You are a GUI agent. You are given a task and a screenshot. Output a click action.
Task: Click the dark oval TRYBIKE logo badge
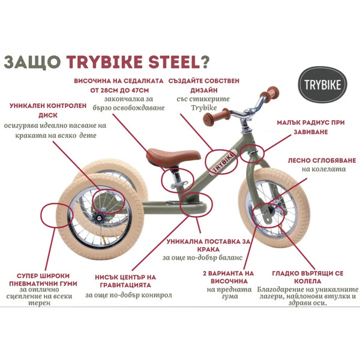click(x=323, y=85)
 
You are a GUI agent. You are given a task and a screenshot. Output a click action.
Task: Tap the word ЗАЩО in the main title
click(x=32, y=62)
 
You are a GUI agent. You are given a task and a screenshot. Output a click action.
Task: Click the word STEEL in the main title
click(x=174, y=62)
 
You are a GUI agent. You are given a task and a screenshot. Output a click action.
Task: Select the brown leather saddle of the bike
click(x=173, y=157)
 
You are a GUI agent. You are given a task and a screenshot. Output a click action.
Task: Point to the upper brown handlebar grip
click(x=269, y=92)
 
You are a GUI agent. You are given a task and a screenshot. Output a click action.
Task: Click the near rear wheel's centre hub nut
click(x=99, y=217)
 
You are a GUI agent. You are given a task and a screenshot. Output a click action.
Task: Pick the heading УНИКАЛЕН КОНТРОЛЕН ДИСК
click(x=48, y=110)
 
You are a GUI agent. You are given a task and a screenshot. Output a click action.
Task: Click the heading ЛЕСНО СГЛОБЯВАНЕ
click(x=322, y=160)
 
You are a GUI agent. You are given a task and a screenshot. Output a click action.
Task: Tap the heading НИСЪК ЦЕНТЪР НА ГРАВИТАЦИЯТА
click(x=125, y=281)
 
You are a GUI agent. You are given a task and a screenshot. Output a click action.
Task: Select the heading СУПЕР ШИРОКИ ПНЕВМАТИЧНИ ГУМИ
click(x=43, y=280)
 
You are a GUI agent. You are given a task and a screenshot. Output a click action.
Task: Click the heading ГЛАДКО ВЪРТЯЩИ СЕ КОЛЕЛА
click(x=308, y=277)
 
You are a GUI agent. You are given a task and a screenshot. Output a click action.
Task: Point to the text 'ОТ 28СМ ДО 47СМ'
click(x=119, y=90)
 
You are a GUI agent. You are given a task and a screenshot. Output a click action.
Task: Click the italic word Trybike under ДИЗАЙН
click(x=204, y=107)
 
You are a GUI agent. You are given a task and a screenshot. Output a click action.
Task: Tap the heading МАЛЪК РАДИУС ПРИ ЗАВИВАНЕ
click(x=311, y=127)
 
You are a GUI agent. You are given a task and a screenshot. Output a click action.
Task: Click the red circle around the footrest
click(x=196, y=205)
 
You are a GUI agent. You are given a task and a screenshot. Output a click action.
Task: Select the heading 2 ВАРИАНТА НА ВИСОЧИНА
click(x=229, y=277)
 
